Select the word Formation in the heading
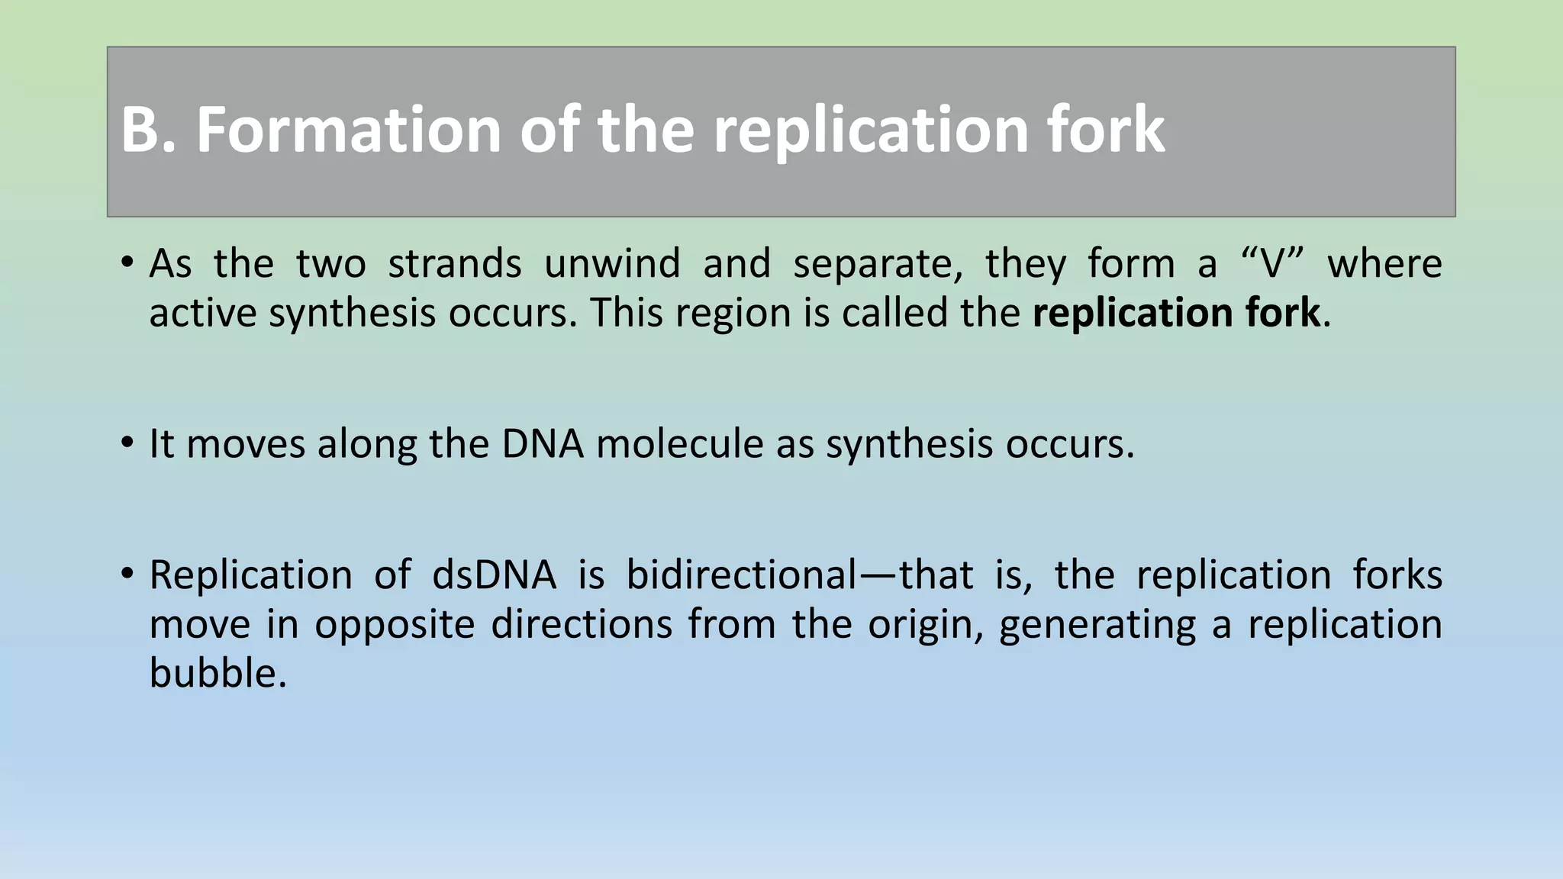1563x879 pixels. [x=348, y=130]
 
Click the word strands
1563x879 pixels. [x=455, y=264]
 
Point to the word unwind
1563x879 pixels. [x=612, y=264]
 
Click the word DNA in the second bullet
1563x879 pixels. [x=543, y=443]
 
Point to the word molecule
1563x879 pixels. [x=679, y=443]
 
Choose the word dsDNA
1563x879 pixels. [x=495, y=575]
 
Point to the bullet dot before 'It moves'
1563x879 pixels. [x=127, y=443]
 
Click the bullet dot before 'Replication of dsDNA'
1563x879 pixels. [x=127, y=575]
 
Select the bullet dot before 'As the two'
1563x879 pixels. [x=127, y=264]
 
